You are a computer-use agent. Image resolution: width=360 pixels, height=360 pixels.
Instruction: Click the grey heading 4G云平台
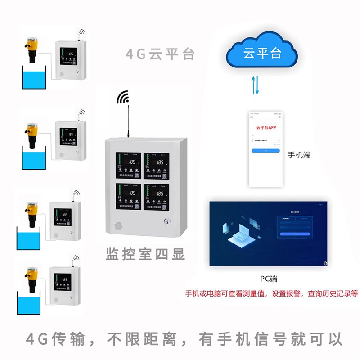coord(160,55)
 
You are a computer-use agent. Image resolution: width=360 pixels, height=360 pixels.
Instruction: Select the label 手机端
coord(299,155)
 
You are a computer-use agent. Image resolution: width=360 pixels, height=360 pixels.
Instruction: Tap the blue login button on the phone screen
coord(265,150)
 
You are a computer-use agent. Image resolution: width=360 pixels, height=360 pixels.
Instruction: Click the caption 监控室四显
coord(145,254)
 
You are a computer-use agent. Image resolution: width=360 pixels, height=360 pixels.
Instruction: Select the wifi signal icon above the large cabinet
coord(123,97)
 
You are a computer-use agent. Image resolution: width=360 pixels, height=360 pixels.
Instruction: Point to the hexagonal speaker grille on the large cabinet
coord(119,225)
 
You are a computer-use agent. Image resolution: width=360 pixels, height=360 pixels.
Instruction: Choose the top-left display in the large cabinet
coord(128,166)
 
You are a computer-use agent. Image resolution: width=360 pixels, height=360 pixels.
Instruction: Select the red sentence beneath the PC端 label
coord(272,294)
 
